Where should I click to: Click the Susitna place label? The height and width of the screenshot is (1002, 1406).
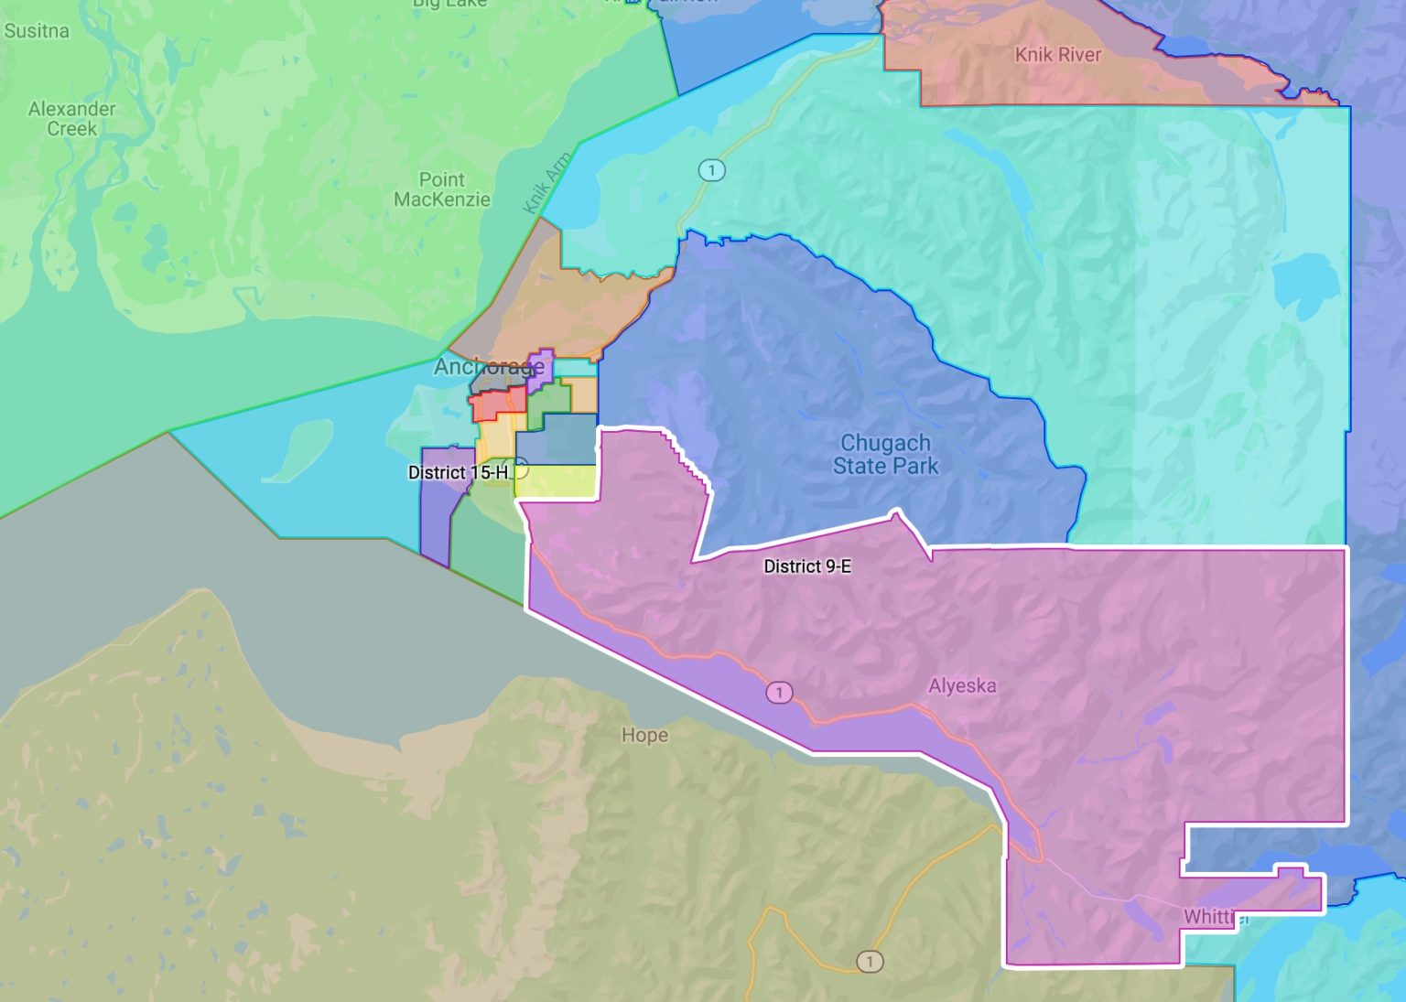tap(37, 31)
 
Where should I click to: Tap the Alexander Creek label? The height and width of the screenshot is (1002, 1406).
tap(72, 119)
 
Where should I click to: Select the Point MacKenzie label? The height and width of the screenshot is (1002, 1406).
tap(442, 189)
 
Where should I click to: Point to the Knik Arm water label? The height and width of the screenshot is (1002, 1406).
tap(546, 183)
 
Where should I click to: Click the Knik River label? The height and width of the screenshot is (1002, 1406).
tap(1057, 55)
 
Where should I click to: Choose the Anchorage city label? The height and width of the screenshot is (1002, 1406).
tap(488, 367)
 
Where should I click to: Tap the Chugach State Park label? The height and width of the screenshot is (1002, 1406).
tap(885, 455)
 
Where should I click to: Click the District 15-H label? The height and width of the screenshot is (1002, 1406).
tap(458, 472)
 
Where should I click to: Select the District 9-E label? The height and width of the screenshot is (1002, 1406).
tap(807, 566)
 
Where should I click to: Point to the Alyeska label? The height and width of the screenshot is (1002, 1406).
tap(962, 685)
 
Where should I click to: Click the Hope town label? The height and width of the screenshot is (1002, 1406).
tap(644, 735)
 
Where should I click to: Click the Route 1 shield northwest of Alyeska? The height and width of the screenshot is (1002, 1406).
tap(779, 693)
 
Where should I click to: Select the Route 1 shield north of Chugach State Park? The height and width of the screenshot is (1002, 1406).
tap(711, 170)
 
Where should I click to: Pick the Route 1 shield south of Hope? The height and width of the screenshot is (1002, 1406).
tap(870, 962)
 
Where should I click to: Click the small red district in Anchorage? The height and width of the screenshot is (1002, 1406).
tap(497, 404)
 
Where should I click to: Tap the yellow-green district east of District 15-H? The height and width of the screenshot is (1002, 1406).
tap(557, 481)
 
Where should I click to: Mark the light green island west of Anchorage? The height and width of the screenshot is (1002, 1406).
tap(297, 450)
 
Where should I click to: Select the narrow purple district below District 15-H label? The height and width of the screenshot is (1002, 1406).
tap(434, 522)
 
